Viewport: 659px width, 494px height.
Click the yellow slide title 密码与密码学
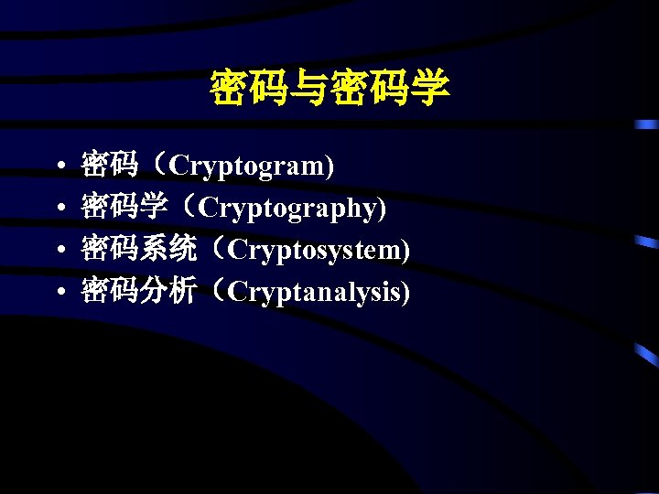(x=329, y=89)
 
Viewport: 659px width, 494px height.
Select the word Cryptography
(x=287, y=209)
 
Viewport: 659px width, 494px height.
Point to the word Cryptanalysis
(x=316, y=292)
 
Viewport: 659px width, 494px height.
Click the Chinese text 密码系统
(x=138, y=249)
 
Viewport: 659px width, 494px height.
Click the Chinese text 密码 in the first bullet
(x=109, y=166)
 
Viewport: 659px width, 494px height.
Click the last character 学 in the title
(x=430, y=89)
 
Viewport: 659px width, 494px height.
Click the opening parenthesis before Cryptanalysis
(x=217, y=292)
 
